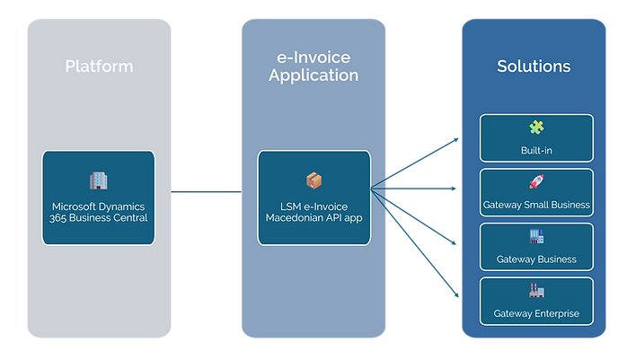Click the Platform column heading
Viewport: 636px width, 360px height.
point(99,66)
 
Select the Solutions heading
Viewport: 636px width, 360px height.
point(534,66)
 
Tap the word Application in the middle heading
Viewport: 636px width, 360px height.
point(314,75)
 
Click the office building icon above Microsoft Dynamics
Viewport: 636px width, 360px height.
point(99,180)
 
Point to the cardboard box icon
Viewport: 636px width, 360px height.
point(314,180)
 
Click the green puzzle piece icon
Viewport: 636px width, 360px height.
point(536,127)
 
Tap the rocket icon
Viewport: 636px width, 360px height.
point(536,181)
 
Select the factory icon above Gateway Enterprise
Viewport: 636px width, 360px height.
point(536,290)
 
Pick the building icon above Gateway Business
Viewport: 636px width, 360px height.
point(536,236)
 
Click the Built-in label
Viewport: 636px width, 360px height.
point(536,151)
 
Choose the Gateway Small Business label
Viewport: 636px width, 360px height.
point(536,205)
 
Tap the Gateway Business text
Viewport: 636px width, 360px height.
point(536,259)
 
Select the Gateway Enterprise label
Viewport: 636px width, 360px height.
point(536,314)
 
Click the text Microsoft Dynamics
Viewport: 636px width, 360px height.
point(98,206)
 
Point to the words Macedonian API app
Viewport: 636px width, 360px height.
point(314,218)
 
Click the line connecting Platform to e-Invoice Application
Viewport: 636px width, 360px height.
point(206,192)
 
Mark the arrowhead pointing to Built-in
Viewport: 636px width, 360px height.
point(456,140)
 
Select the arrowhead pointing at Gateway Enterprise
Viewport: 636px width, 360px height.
point(456,295)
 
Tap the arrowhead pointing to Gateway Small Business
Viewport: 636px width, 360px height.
point(454,189)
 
